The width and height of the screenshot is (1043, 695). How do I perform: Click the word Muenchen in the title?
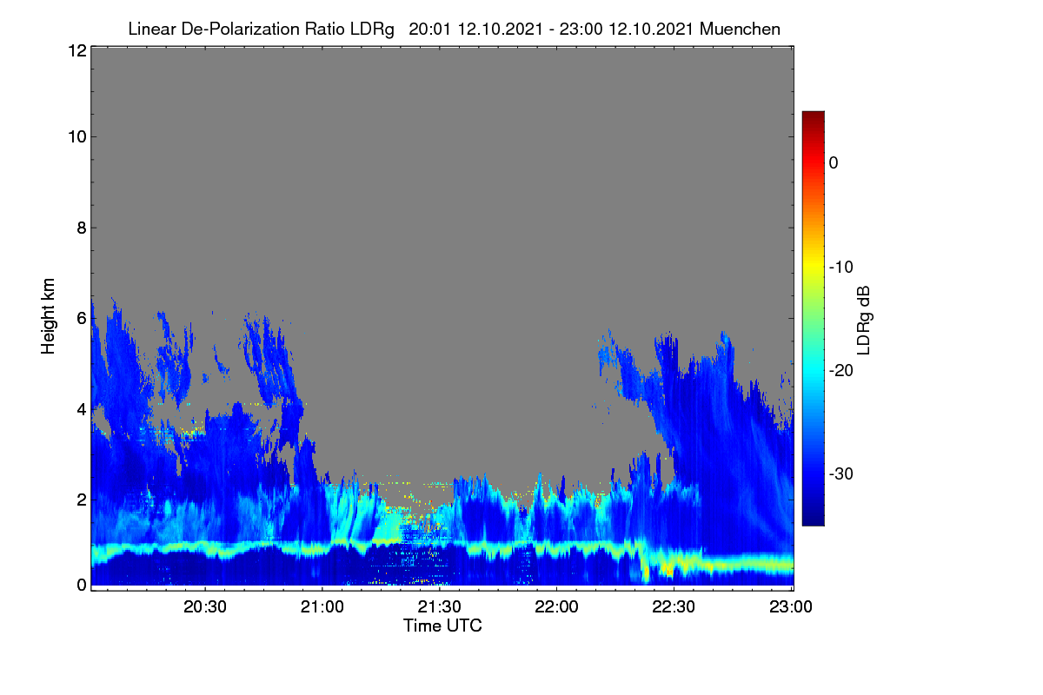(x=740, y=30)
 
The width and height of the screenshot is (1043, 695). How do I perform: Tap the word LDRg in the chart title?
(x=372, y=30)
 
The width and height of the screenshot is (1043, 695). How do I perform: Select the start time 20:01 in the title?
(x=429, y=30)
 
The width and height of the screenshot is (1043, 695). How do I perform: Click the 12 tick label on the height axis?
(x=77, y=50)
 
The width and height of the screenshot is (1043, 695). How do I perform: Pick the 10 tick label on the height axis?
(x=77, y=137)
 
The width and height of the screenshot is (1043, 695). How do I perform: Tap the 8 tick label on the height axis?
(x=82, y=228)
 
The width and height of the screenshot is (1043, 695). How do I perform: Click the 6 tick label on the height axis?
(x=82, y=319)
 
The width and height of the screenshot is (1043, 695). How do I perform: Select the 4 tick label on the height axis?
(x=82, y=410)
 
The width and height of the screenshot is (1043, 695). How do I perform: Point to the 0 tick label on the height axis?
(x=82, y=585)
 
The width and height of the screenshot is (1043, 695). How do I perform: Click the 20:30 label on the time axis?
(x=205, y=606)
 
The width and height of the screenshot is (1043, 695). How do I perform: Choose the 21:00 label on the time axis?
(x=322, y=606)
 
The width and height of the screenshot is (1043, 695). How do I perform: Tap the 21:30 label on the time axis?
(x=440, y=606)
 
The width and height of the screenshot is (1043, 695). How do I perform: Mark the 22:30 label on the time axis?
(x=674, y=606)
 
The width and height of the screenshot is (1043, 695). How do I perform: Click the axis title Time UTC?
(x=442, y=625)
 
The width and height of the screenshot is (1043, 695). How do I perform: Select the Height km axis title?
(x=48, y=316)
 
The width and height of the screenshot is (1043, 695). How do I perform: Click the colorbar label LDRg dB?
(x=864, y=321)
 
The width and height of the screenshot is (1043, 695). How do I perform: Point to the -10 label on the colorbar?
(x=841, y=268)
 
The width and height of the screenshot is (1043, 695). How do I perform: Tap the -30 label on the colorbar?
(x=841, y=473)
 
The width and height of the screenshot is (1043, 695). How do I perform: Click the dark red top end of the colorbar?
(x=813, y=114)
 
